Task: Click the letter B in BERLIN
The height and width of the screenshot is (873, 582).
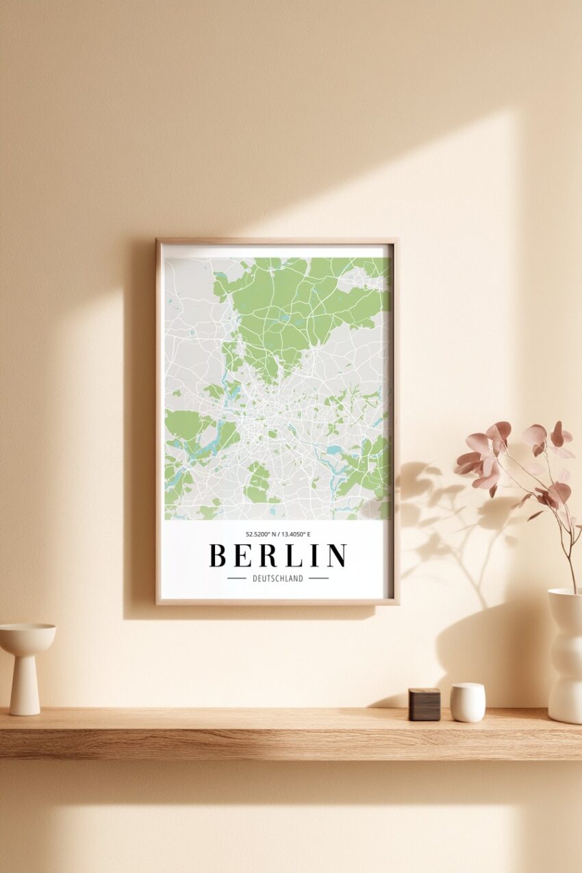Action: [x=218, y=555]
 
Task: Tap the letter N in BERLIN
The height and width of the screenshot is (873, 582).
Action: [x=336, y=555]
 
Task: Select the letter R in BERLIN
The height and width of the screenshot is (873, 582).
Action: [x=267, y=555]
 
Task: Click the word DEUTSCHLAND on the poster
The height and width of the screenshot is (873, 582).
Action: [x=277, y=579]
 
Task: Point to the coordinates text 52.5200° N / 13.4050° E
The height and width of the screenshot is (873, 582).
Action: [x=277, y=534]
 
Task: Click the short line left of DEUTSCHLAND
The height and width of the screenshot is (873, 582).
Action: [x=236, y=579]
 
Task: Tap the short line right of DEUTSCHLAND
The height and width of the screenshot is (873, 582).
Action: [x=318, y=579]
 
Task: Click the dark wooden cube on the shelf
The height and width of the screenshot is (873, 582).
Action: [x=424, y=705]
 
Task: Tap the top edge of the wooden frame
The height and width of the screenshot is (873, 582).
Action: [x=277, y=241]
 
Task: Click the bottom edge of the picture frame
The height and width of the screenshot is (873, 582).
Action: [x=277, y=602]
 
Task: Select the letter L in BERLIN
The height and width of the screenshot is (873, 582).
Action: [x=292, y=555]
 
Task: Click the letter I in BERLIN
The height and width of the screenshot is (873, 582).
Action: [x=314, y=555]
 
